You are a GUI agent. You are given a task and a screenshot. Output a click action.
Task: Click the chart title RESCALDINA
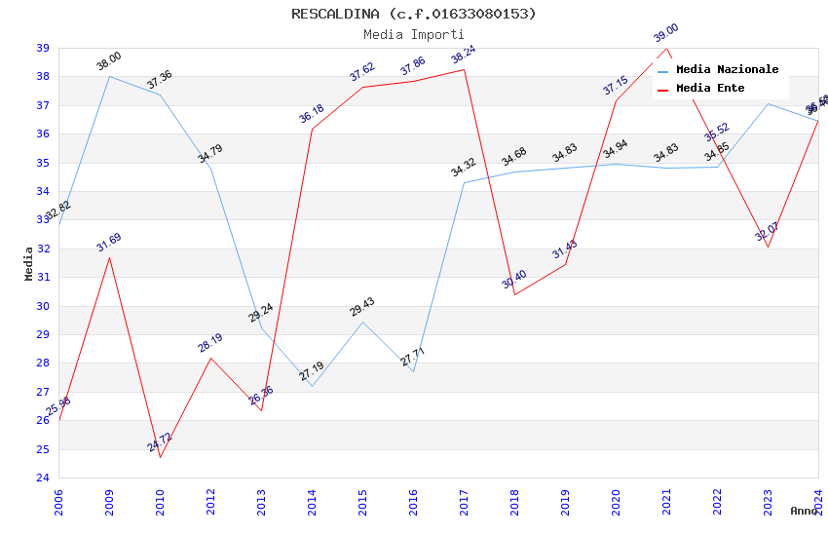point(413,14)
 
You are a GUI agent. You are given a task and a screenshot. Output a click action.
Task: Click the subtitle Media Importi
point(413,34)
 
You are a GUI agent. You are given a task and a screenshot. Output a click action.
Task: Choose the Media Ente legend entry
point(710,88)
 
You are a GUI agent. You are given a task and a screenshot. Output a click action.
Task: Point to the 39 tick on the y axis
point(43,48)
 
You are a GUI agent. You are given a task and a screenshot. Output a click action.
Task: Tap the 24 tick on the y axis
point(43,478)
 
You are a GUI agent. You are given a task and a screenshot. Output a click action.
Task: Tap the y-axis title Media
point(29,263)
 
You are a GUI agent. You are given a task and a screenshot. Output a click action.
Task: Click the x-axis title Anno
point(804,511)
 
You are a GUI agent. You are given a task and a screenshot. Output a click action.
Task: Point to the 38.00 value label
point(109,61)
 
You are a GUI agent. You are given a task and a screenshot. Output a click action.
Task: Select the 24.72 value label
point(160,442)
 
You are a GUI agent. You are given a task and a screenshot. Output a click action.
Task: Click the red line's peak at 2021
point(666,48)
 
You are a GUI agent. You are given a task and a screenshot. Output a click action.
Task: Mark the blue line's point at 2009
point(109,76)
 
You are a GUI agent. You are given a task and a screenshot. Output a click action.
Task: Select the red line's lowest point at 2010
point(160,457)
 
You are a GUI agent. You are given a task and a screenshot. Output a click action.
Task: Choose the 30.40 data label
point(514,280)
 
